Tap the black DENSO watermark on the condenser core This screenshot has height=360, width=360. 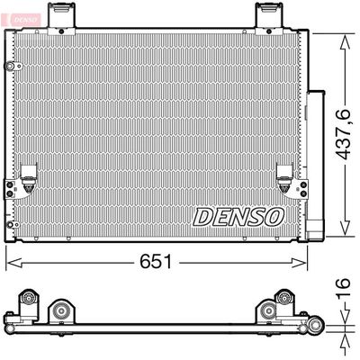[x=238, y=217]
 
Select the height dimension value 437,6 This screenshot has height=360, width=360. [x=341, y=135]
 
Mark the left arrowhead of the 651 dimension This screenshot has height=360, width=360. [x=12, y=261]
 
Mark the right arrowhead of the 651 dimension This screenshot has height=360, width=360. [x=303, y=261]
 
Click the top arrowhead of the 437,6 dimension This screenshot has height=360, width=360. [x=343, y=37]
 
